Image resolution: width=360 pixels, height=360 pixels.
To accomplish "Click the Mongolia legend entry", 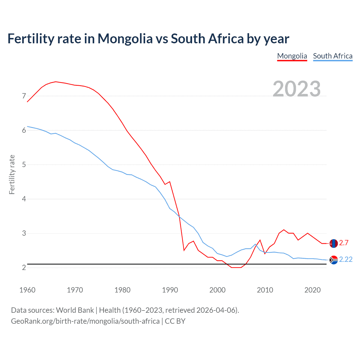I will click(292, 56).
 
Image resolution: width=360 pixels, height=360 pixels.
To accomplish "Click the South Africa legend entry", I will click(333, 56).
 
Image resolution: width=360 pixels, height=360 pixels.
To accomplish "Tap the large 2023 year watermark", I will click(297, 89).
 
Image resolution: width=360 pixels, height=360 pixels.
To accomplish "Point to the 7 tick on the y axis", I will click(24, 96).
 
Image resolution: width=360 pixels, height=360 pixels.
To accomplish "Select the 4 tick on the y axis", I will click(24, 199).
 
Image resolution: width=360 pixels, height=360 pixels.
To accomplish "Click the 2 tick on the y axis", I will click(24, 267).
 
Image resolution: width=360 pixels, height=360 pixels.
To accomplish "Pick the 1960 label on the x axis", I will click(27, 290).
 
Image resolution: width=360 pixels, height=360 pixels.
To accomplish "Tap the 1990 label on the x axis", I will click(170, 290).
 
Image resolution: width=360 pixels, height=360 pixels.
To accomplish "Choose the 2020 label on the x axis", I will click(312, 290).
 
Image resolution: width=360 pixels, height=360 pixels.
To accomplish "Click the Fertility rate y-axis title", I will click(12, 174).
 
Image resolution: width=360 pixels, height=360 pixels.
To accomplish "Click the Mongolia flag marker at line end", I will click(334, 243).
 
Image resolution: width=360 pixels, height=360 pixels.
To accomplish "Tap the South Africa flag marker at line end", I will click(334, 260).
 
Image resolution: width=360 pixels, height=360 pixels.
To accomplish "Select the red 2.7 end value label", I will click(344, 243).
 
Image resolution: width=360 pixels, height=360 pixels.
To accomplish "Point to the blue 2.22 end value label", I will click(346, 260).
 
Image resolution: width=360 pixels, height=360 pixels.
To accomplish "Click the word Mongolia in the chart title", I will click(125, 39).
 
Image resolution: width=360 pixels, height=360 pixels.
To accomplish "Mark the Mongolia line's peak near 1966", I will click(56, 82).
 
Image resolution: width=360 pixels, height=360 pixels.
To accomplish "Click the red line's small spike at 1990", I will click(170, 182).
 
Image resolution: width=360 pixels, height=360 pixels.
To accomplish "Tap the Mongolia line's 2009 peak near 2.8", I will click(260, 240).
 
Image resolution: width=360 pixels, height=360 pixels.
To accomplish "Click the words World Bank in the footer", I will click(75, 310).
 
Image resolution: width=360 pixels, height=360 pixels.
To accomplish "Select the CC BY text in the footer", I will click(175, 321).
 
